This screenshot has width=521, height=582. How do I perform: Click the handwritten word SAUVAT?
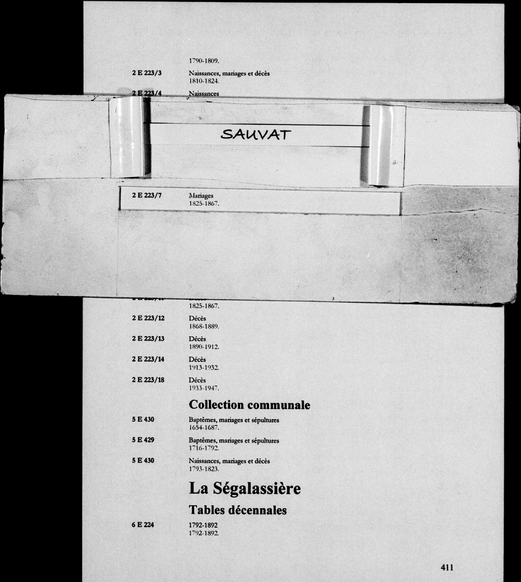pyautogui.click(x=256, y=135)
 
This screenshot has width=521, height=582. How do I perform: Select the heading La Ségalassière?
pyautogui.click(x=245, y=489)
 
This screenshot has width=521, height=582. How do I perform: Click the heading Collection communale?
pyautogui.click(x=249, y=405)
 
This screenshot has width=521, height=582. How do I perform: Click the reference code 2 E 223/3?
pyautogui.click(x=147, y=73)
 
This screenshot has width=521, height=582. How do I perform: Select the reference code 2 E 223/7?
pyautogui.click(x=147, y=195)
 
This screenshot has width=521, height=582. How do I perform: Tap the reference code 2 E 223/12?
pyautogui.click(x=148, y=318)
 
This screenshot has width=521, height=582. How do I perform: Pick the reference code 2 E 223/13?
pyautogui.click(x=148, y=339)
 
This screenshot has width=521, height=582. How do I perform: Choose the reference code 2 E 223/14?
pyautogui.click(x=148, y=359)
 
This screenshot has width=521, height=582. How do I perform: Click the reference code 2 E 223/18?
pyautogui.click(x=148, y=380)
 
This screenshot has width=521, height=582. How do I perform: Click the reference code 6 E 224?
pyautogui.click(x=143, y=525)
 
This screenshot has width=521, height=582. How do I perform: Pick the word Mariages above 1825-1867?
pyautogui.click(x=201, y=196)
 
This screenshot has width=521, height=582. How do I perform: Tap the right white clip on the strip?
pyautogui.click(x=378, y=145)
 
